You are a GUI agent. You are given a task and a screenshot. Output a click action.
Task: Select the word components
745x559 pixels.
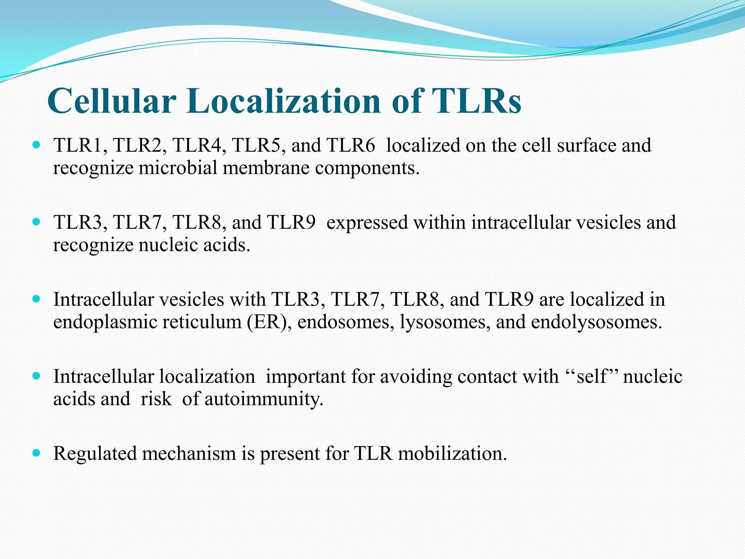tap(367, 169)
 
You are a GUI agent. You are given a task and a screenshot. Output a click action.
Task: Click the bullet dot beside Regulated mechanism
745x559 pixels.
tap(36, 453)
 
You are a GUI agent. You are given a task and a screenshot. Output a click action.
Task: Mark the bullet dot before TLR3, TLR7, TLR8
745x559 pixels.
tap(36, 222)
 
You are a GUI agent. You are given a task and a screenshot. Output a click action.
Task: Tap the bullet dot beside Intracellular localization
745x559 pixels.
tap(36, 376)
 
